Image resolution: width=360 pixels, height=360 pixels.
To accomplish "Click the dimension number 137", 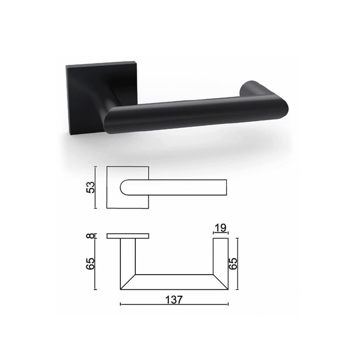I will pyautogui.click(x=174, y=299).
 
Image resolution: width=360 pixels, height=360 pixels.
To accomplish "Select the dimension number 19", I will pyautogui.click(x=220, y=227).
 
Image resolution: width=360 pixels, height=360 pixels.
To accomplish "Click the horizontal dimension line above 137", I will pyautogui.click(x=174, y=304).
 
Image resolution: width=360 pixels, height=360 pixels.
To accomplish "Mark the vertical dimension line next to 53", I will pyautogui.click(x=96, y=188).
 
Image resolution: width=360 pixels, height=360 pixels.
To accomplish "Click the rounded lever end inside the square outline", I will pyautogui.click(x=124, y=188).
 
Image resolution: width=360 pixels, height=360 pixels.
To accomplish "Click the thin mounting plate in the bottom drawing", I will pyautogui.click(x=128, y=236).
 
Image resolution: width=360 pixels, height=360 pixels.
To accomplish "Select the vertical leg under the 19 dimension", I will pyautogui.click(x=221, y=259).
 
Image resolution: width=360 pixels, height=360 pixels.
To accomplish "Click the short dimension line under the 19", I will pyautogui.click(x=220, y=233).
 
